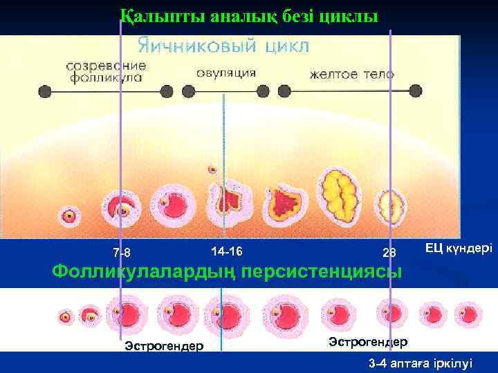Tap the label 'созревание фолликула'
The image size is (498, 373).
coord(107,72)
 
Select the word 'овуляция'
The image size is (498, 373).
coord(225,73)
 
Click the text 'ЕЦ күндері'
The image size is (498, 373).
coord(459,247)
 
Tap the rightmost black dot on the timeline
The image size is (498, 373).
coord(415,90)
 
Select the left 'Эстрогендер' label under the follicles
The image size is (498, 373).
coord(164,345)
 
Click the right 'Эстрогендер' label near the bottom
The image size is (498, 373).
coord(368,341)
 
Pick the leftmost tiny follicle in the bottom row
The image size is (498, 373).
coord(65,316)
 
